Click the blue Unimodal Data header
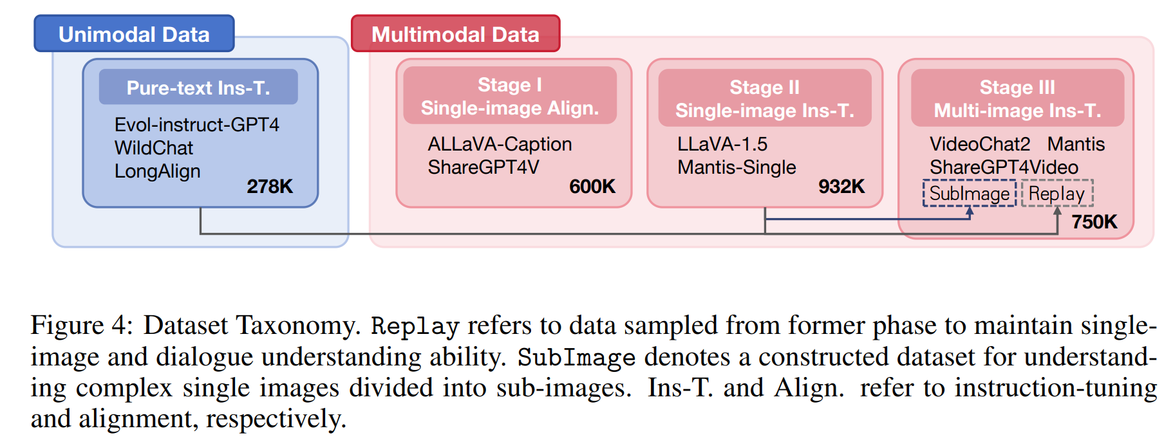(134, 34)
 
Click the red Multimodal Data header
(455, 34)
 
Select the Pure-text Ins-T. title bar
(198, 87)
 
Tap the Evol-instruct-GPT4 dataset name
(196, 124)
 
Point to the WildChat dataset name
(153, 148)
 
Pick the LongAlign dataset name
(157, 171)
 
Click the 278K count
(269, 187)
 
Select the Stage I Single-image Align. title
(509, 97)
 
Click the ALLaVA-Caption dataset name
(500, 144)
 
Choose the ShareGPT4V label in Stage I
(483, 167)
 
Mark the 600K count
(592, 187)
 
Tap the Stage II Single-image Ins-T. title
(764, 98)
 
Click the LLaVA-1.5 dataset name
(722, 144)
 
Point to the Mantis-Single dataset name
(737, 167)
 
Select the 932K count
(841, 187)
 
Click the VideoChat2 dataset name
(979, 144)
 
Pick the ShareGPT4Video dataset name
(1003, 167)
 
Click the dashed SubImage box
(969, 194)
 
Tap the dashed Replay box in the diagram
(1056, 194)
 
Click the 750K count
(1094, 222)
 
